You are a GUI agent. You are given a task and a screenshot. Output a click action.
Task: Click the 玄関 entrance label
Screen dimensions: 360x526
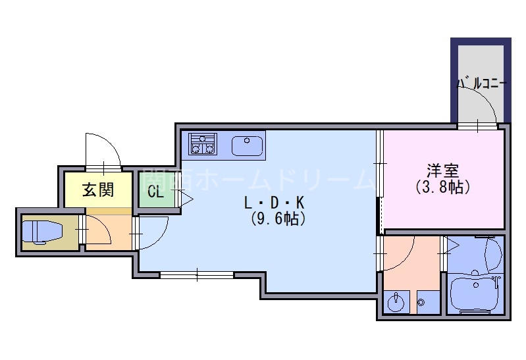(x=97, y=191)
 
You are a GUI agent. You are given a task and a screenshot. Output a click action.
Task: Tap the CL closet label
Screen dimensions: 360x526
(x=155, y=192)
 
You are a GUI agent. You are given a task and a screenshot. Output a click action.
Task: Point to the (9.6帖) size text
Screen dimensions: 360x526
(x=277, y=219)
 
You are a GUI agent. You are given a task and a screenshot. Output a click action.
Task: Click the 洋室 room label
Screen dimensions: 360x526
(x=442, y=170)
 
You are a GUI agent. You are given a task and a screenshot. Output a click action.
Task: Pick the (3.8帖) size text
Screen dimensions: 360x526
(x=442, y=187)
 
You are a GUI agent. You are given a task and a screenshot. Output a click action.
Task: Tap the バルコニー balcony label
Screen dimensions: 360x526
(x=481, y=84)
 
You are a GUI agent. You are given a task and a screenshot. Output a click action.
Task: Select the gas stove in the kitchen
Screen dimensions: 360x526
(x=203, y=144)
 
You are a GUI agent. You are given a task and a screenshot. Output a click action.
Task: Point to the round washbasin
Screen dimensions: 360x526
(x=396, y=303)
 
